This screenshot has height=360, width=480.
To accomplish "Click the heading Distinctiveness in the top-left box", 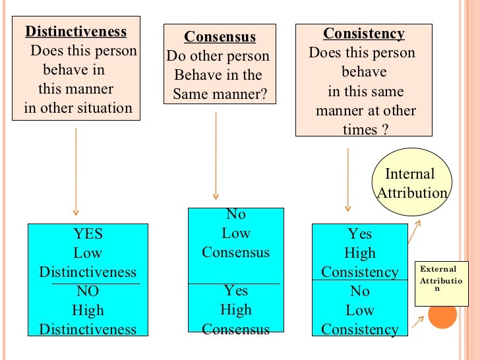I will tap(76, 32).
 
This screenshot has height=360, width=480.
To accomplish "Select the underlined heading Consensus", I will tap(220, 37).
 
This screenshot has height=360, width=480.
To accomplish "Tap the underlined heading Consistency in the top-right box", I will tap(363, 34).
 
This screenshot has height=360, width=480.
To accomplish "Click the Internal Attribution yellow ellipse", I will tap(411, 183).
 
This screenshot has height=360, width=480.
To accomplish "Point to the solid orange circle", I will tap(442, 316).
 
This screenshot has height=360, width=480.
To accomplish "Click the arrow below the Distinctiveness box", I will tap(76, 171).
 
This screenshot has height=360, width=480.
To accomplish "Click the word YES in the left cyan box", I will tap(88, 234).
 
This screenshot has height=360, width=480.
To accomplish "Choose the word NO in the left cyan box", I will tap(88, 291).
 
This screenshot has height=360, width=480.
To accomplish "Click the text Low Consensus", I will tap(235, 243).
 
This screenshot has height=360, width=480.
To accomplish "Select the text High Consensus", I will tap(235, 319).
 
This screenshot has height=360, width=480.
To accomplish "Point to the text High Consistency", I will tap(360, 262).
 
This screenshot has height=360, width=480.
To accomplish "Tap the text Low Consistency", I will tap(360, 320).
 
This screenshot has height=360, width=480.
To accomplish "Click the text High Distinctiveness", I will tap(88, 320).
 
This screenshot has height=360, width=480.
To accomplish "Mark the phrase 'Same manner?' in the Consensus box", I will tap(220, 94).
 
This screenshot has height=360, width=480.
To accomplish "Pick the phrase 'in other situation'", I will tap(78, 108).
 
